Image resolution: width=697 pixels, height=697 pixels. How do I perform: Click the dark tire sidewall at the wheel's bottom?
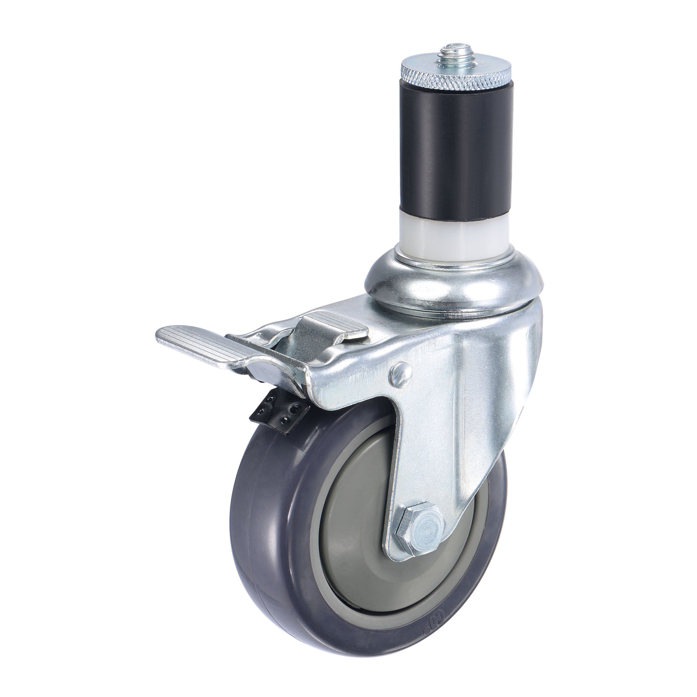pyautogui.click(x=348, y=647)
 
